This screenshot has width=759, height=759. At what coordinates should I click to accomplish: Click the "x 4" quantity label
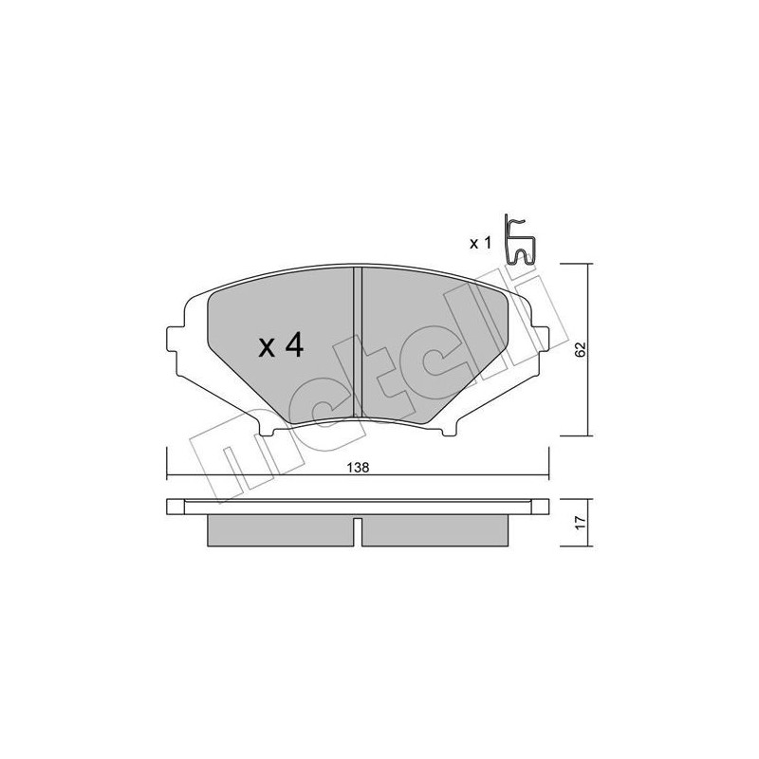280,347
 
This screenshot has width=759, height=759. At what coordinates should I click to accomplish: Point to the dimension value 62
580,348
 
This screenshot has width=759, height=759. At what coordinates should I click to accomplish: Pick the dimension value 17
580,521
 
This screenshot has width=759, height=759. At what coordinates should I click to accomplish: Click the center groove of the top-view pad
357,342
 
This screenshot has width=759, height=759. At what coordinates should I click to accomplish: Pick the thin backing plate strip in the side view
357,508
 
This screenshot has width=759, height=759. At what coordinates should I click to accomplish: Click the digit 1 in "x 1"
488,244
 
